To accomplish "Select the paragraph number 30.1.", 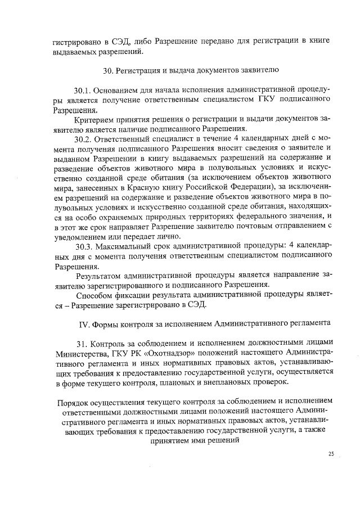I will click(83, 90).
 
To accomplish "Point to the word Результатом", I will click(100, 276).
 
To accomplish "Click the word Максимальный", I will click(128, 246).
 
